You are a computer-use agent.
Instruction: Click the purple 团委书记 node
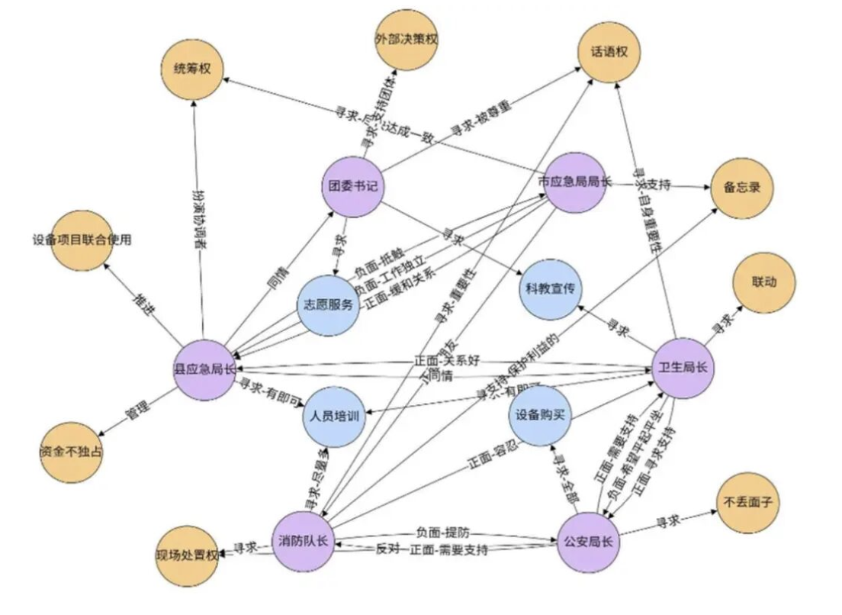tap(352, 185)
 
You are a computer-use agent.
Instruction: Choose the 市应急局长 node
tap(574, 183)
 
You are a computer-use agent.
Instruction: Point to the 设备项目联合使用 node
tap(82, 240)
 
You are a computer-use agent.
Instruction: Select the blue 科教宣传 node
tap(550, 290)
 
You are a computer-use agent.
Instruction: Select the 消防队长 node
tap(304, 542)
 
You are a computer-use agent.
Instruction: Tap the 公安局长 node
tap(588, 543)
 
